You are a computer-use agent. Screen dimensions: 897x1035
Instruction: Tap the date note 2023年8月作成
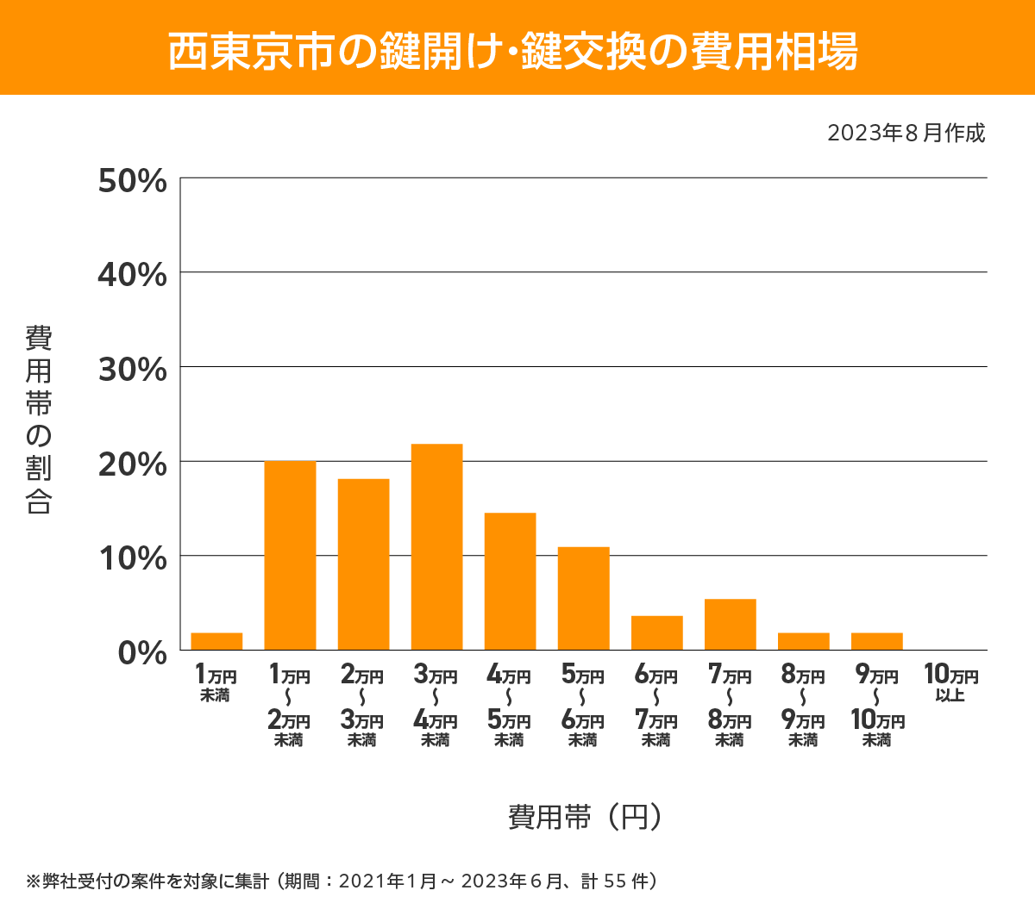(906, 134)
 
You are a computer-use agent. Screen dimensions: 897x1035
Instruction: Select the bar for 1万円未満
(216, 641)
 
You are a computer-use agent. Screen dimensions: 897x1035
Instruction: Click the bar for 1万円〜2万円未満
(290, 556)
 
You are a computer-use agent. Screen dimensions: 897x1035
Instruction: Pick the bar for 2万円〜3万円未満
(363, 564)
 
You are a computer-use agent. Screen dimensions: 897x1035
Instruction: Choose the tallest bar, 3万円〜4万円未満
(436, 547)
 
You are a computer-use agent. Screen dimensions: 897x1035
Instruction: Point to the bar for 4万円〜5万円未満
(510, 582)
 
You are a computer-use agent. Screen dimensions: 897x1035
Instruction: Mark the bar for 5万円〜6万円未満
(583, 599)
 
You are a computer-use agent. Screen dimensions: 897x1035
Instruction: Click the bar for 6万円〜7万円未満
(656, 633)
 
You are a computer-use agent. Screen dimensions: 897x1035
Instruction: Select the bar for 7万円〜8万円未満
(730, 625)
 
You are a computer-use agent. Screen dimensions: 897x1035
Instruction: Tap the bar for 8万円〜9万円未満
(803, 641)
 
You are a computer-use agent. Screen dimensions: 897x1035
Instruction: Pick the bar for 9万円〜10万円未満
(876, 641)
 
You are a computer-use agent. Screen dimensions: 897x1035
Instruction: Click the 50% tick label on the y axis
(132, 181)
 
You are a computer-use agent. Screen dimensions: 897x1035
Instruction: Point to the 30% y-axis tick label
(132, 370)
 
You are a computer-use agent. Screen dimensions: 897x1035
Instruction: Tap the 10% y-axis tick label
(132, 558)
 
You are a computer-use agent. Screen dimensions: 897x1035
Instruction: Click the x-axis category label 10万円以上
(950, 683)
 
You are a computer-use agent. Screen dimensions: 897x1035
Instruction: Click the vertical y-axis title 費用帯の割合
(39, 420)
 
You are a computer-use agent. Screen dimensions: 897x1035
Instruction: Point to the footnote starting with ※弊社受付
(342, 881)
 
